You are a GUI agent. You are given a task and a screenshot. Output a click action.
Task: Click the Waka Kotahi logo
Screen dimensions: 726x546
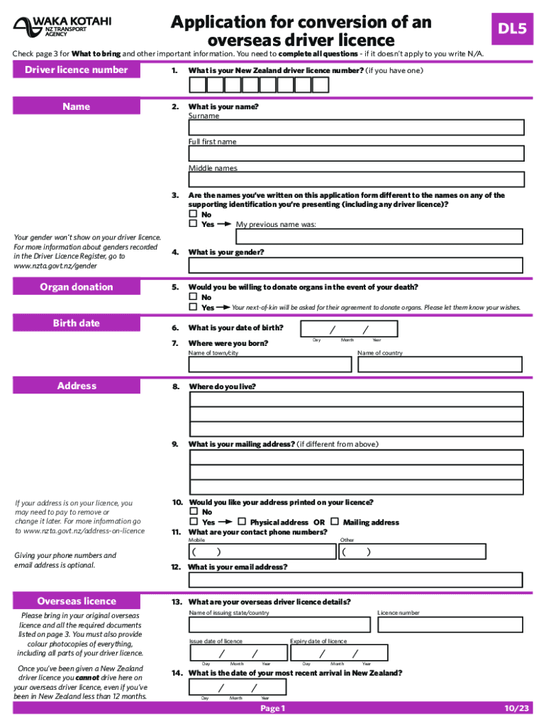[x=62, y=26]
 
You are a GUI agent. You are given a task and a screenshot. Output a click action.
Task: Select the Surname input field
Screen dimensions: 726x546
[x=356, y=128]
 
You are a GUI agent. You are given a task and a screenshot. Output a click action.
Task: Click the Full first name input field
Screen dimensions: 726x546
[x=356, y=154]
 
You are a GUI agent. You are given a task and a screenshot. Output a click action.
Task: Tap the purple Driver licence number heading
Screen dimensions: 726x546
[x=77, y=69]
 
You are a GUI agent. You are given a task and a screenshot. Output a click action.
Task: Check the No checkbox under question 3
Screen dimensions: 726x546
[x=193, y=214]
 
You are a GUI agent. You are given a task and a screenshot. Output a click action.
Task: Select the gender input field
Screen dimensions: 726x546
[x=356, y=265]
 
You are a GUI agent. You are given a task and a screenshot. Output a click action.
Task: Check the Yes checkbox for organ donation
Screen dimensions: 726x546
[x=193, y=308]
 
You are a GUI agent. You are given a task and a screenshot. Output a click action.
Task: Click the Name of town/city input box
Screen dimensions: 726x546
[x=270, y=364]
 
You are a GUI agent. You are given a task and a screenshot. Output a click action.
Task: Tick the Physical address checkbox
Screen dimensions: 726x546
[x=242, y=523]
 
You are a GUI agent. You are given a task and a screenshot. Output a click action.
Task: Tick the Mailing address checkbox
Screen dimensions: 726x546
[x=335, y=523]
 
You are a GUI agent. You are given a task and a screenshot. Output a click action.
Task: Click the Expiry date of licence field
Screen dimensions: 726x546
[x=338, y=653]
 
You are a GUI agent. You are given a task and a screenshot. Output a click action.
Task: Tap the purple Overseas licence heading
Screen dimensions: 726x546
[x=77, y=601]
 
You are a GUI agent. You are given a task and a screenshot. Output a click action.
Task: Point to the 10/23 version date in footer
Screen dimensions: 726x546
[x=516, y=708]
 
